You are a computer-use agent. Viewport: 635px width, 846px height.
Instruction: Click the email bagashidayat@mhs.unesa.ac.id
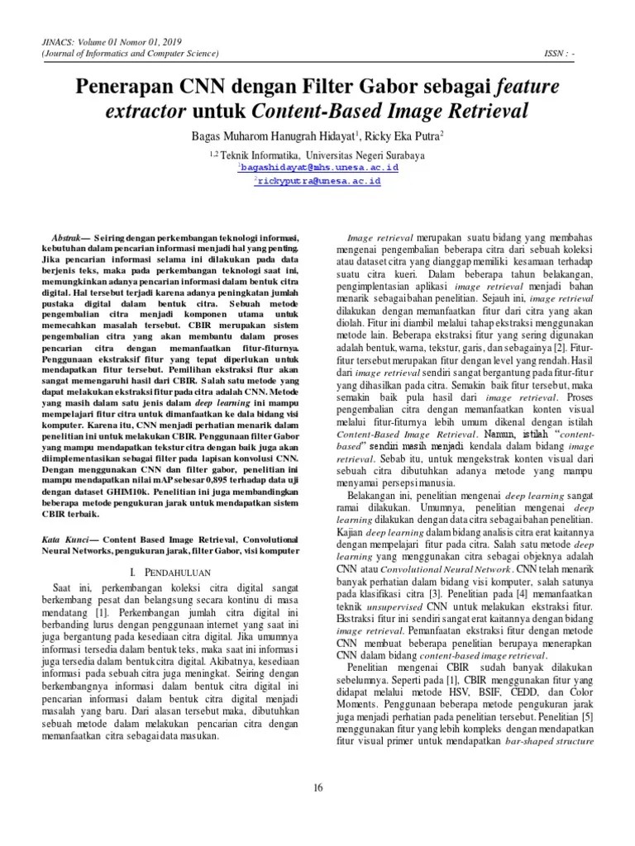click(x=318, y=167)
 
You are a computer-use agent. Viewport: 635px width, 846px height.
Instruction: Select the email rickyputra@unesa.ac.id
click(x=318, y=180)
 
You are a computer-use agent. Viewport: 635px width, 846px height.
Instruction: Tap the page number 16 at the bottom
click(x=317, y=787)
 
